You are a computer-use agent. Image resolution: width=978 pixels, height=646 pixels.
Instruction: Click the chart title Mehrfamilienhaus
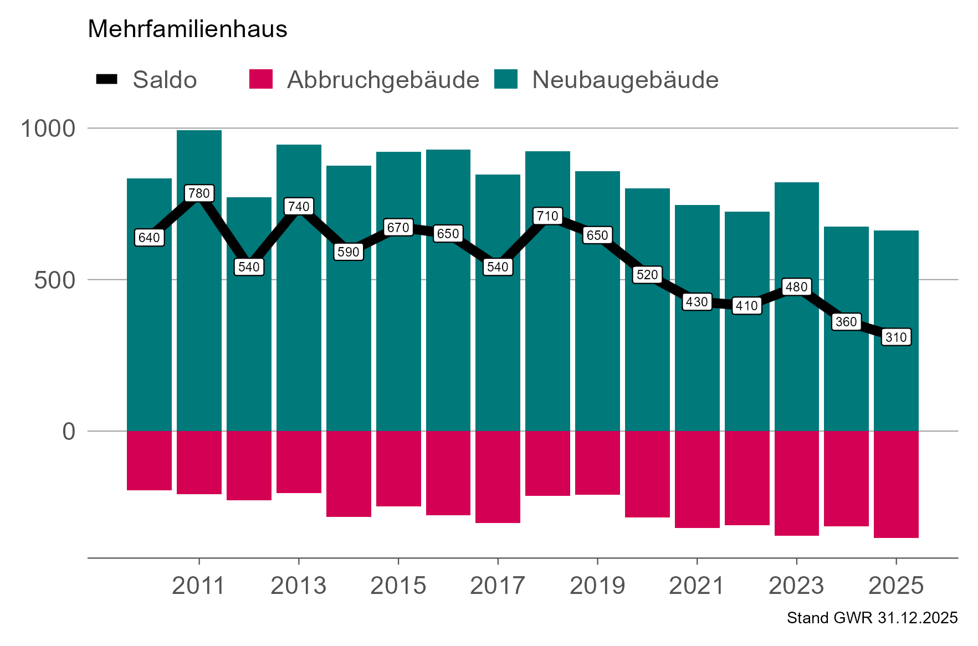(187, 29)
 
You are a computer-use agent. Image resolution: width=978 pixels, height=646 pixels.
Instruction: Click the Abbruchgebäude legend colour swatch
(261, 79)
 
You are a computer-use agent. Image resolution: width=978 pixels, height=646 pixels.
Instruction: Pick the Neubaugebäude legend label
(625, 80)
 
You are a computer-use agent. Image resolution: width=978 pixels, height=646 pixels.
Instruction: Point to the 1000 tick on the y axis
(48, 129)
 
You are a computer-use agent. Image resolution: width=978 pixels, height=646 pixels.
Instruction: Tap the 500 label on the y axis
(54, 280)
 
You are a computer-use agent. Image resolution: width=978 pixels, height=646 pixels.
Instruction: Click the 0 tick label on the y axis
(69, 431)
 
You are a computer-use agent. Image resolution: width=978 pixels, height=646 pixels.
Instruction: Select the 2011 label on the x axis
(198, 586)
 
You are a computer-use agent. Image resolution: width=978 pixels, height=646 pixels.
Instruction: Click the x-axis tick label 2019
(597, 586)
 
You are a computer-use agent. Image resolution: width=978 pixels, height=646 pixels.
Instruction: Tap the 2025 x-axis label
(896, 586)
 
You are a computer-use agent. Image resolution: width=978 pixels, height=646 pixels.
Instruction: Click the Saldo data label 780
(199, 193)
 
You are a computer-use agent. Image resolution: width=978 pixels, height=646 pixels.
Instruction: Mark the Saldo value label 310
(896, 337)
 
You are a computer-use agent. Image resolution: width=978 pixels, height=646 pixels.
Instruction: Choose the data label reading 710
(547, 216)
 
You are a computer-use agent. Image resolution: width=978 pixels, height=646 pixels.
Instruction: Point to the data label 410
(746, 306)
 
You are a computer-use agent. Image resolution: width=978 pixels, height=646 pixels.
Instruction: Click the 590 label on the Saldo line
(349, 252)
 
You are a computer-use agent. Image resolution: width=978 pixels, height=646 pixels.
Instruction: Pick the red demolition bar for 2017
(498, 476)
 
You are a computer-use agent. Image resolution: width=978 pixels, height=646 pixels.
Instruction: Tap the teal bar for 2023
(796, 360)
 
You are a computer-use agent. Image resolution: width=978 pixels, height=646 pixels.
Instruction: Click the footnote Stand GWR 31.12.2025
(872, 618)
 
